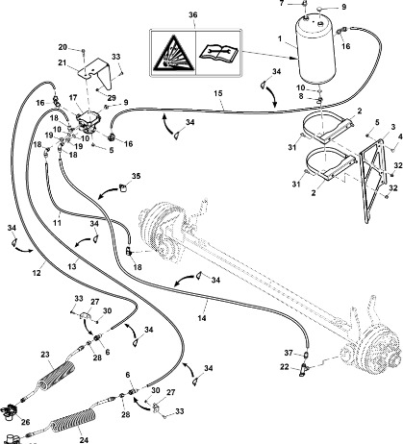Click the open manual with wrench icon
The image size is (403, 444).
(x=218, y=53)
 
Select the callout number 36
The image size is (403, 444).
(x=192, y=15)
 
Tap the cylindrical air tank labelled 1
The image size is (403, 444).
(x=315, y=49)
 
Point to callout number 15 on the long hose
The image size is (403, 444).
(x=218, y=93)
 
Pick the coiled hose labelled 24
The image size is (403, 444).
(x=72, y=422)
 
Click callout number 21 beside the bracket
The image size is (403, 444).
(x=62, y=62)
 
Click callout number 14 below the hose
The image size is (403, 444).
(x=202, y=318)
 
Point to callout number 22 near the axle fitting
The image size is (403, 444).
(x=285, y=367)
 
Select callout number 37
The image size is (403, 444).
(x=289, y=353)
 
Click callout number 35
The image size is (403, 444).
(x=136, y=176)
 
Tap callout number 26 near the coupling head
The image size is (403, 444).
(x=25, y=422)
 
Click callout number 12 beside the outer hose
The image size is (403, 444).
(x=37, y=273)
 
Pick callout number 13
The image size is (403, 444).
(x=72, y=266)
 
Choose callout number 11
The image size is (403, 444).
(x=57, y=222)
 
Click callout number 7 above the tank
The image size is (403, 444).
(x=282, y=3)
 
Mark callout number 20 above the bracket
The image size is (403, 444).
(x=63, y=47)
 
